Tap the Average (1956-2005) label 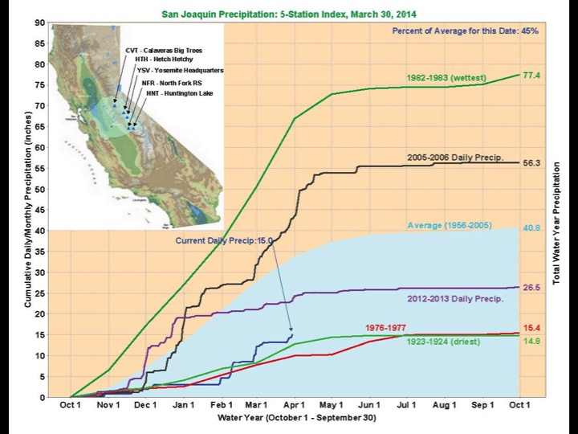450,226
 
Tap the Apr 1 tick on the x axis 294,405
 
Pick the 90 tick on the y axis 39,23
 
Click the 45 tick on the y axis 39,210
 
